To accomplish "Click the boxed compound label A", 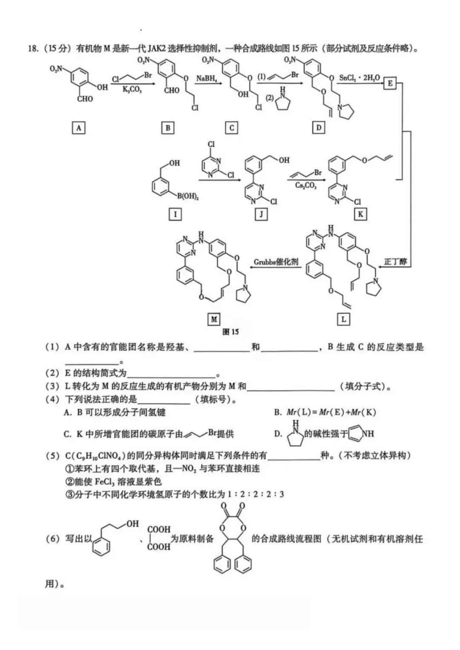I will (x=78, y=127).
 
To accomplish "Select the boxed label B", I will (x=168, y=127).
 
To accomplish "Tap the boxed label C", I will (x=231, y=127).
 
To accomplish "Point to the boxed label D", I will (x=319, y=127).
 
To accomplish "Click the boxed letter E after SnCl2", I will (x=390, y=83).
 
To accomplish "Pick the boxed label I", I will (x=175, y=214).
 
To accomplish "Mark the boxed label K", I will (x=360, y=214).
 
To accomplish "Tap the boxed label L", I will (x=343, y=319).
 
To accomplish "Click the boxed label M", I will (x=214, y=319).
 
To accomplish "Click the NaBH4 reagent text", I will (x=207, y=79).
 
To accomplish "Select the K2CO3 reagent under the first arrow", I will (x=132, y=89).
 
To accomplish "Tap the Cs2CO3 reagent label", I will (x=306, y=185).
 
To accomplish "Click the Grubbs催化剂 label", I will (x=276, y=262).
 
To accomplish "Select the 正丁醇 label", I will (x=395, y=262).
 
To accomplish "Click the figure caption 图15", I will (x=231, y=332).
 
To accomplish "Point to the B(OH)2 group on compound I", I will (x=188, y=196).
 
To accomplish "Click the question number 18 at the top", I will (x=34, y=48).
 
